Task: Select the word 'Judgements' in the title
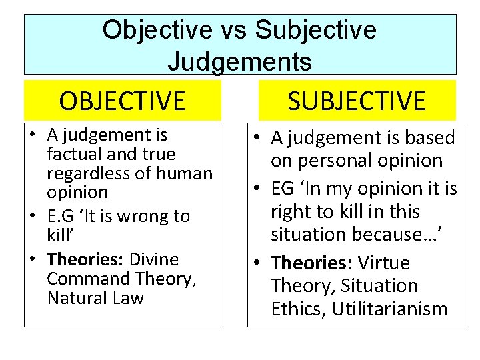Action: [x=239, y=61]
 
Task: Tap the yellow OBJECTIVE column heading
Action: [x=122, y=101]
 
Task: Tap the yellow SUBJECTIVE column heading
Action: [x=357, y=101]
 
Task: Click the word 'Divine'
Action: [x=154, y=259]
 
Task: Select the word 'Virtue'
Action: [x=383, y=263]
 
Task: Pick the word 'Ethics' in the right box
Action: [x=301, y=309]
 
